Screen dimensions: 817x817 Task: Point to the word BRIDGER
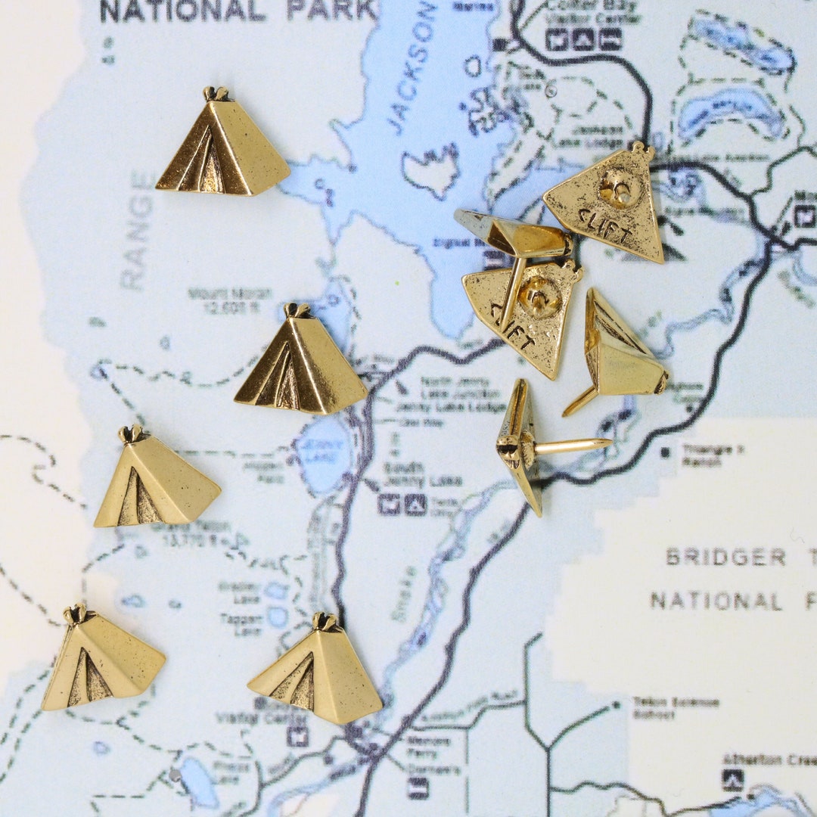pos(726,558)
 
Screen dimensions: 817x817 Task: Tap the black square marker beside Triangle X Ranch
pos(665,452)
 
